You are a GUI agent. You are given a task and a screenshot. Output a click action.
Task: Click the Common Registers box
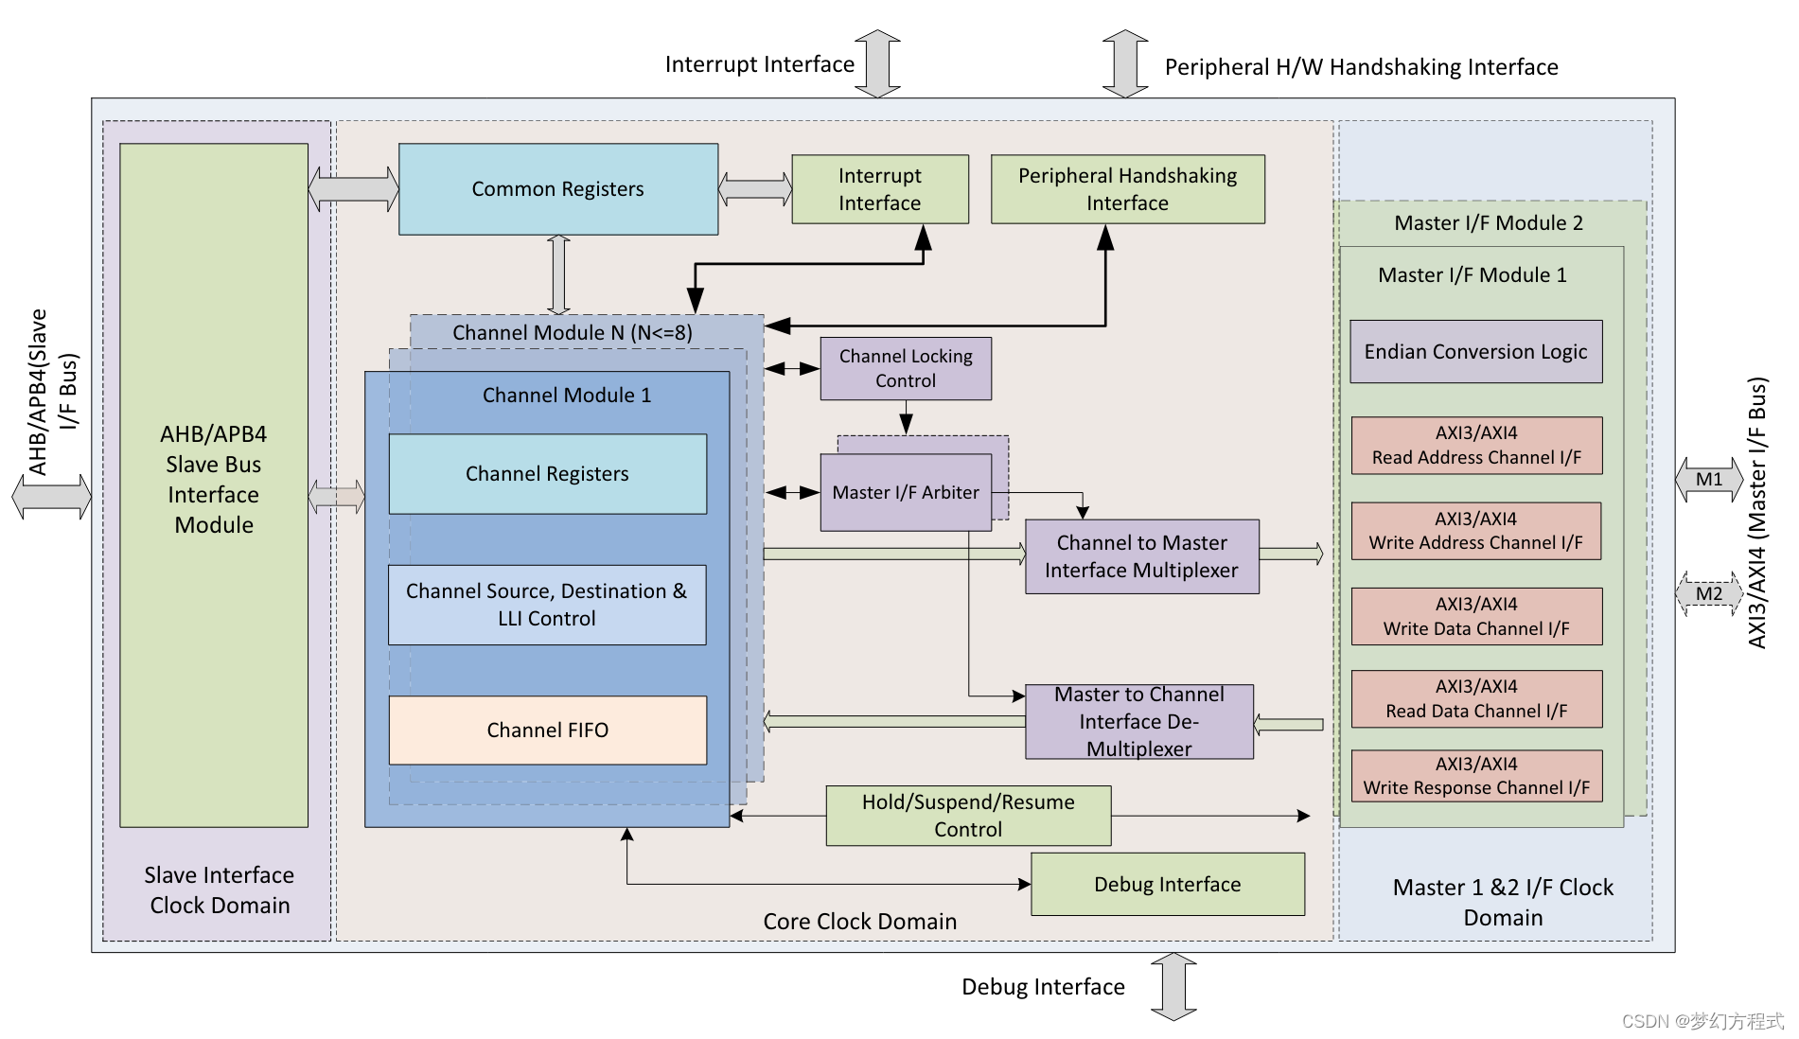pos(558,189)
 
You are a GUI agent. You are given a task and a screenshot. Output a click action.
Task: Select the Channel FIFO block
pos(547,731)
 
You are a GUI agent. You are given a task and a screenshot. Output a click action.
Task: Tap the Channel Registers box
pos(547,474)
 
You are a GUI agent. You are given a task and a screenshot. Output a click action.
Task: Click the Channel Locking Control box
pos(906,368)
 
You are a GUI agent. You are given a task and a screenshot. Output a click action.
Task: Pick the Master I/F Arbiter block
pos(905,492)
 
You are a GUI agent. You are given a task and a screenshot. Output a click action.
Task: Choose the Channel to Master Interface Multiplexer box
pos(1141,556)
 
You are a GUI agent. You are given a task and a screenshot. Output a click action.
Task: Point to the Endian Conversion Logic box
pos(1475,352)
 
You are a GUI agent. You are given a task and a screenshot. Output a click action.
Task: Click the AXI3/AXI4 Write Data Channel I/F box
pos(1476,616)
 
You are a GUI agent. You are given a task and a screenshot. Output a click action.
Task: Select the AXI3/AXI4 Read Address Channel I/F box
pos(1476,445)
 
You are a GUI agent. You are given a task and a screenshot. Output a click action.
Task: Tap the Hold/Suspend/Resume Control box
pos(968,816)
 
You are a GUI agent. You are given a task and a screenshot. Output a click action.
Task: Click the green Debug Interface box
pos(1167,885)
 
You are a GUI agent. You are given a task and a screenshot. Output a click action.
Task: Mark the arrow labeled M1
pos(1709,480)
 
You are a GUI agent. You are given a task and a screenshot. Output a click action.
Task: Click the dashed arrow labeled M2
pos(1709,594)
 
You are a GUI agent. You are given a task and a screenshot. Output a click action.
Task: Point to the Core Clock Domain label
pos(859,922)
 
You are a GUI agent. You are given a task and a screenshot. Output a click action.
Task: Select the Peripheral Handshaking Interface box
pos(1127,189)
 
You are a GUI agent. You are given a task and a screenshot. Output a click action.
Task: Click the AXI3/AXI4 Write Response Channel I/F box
pos(1476,776)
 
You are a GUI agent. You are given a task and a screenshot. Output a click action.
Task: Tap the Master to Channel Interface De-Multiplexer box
pos(1139,722)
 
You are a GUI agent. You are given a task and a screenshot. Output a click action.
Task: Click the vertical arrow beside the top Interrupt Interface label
pos(877,63)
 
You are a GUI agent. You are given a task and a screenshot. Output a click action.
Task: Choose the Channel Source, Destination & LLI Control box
pos(547,605)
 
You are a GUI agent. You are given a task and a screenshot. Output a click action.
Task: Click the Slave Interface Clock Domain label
pos(220,890)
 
